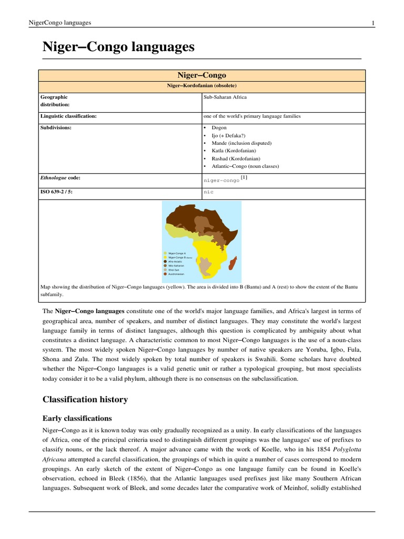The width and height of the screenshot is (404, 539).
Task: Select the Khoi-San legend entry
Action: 175,269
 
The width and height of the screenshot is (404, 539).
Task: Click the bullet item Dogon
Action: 219,128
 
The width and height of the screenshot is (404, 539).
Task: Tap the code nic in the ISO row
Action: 209,193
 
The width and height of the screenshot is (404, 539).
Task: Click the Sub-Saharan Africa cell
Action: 225,97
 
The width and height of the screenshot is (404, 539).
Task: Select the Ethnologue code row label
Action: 60,178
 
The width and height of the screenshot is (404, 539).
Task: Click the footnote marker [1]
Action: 244,177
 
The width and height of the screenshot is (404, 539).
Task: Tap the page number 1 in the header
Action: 373,23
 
